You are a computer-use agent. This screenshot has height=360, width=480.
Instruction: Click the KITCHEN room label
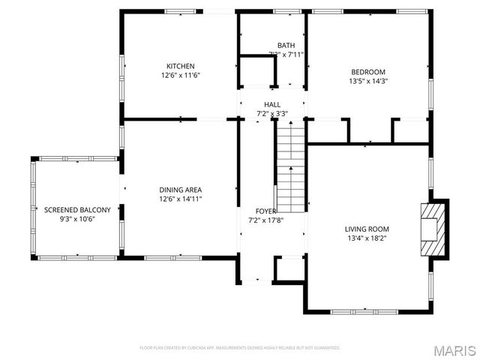coord(180,66)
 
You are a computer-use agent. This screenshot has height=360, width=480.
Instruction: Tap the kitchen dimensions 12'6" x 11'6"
coord(180,76)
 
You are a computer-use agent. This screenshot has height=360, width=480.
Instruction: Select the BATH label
coord(286,45)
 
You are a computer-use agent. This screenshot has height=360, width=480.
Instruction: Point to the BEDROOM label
coord(367,72)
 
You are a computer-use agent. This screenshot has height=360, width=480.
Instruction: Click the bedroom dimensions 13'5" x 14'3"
coord(367,82)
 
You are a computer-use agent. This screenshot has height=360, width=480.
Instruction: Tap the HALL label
coord(272,104)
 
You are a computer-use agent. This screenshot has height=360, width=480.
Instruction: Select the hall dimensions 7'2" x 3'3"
coord(272,114)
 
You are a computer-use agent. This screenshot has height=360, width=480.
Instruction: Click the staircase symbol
coord(291,166)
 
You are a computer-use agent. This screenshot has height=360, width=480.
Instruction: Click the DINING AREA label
coord(180,190)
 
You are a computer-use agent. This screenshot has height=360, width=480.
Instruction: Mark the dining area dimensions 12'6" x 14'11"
coord(180,199)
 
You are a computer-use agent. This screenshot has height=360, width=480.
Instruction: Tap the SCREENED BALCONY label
coord(77,209)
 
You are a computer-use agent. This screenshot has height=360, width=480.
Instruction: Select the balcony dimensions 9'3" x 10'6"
coord(77,219)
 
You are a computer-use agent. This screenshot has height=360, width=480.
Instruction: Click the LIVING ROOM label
coord(367,229)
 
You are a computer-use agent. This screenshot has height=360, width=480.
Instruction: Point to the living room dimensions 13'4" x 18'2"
coord(367,238)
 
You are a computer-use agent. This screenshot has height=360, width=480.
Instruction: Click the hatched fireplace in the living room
coord(432,229)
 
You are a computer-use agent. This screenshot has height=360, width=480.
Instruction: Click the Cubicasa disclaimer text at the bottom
coord(240,348)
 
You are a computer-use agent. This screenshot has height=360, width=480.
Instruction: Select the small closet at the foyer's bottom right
coord(288,269)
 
